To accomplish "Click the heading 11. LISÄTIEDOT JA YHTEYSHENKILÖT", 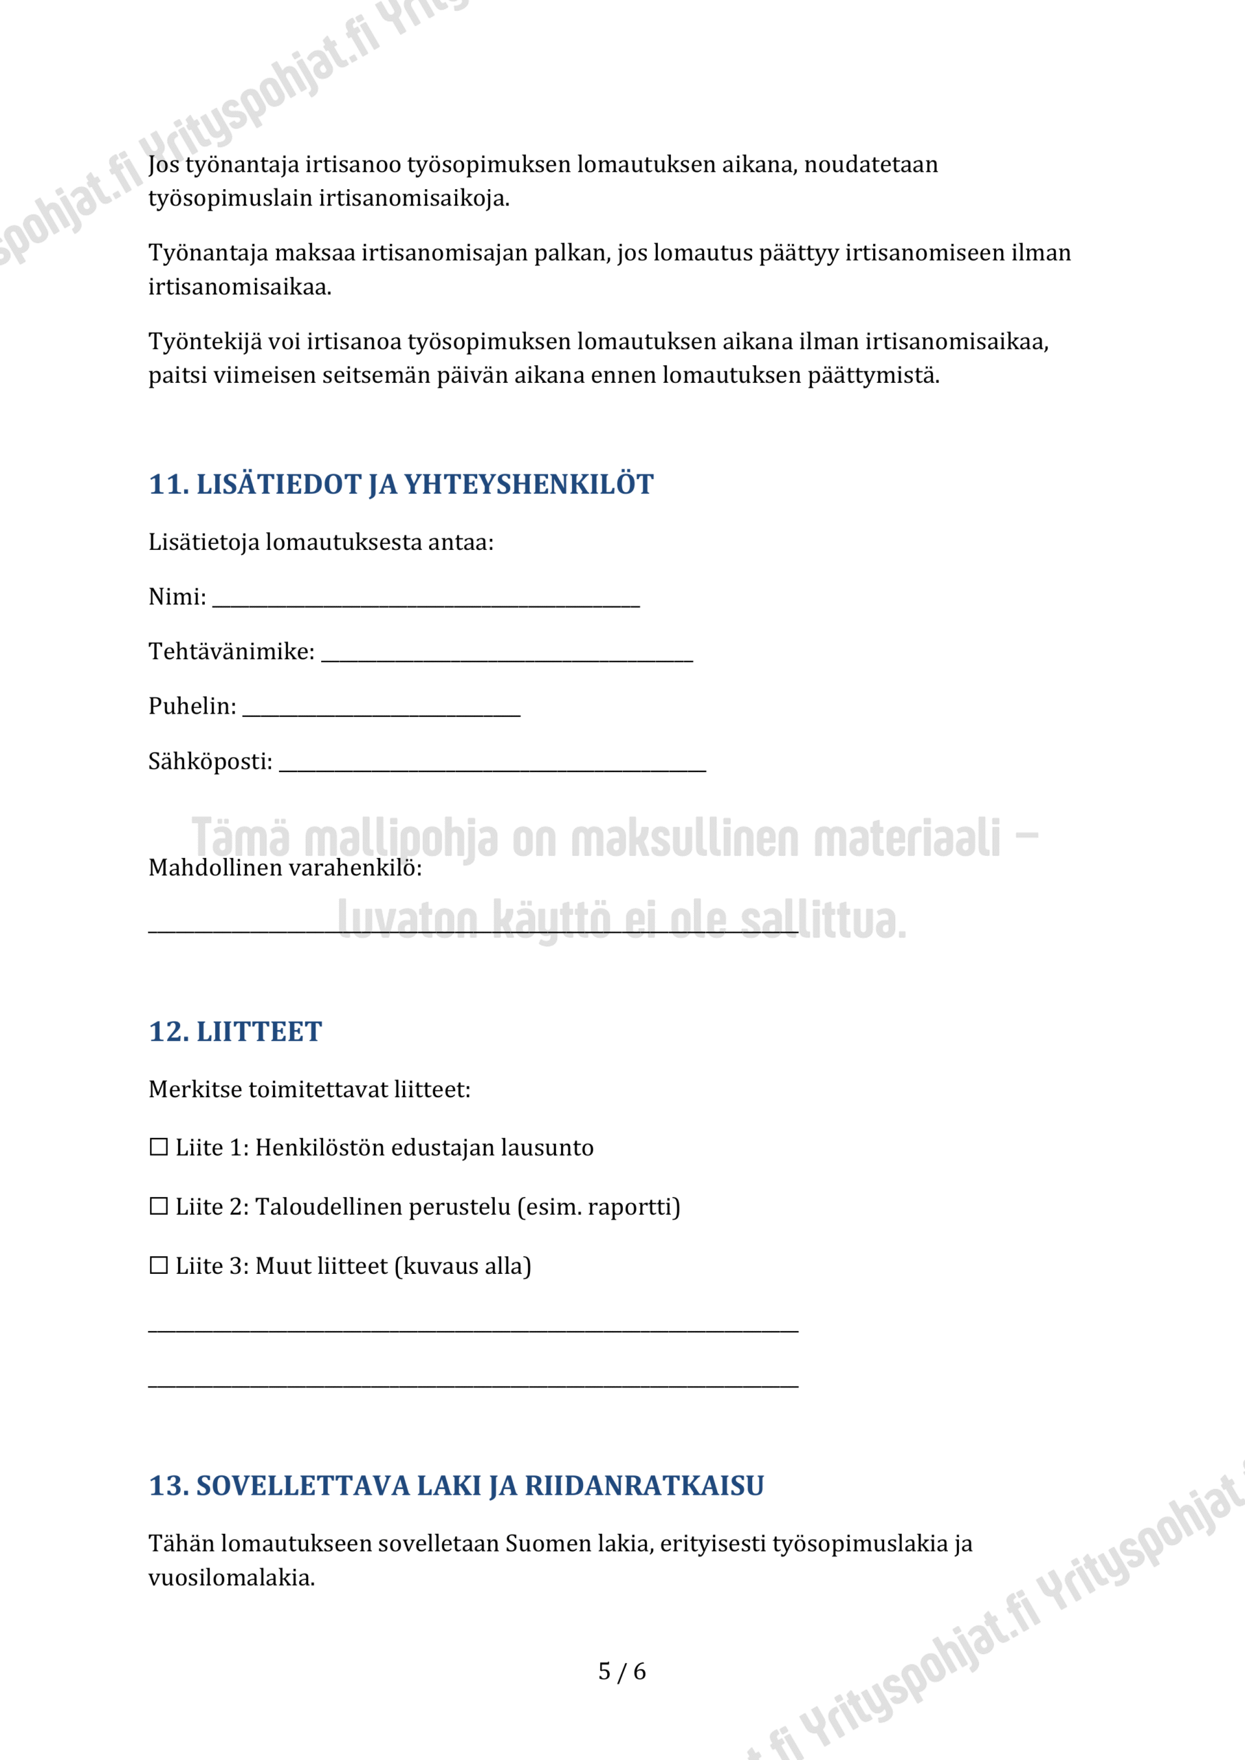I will coord(400,485).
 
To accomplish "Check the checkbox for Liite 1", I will coord(159,1147).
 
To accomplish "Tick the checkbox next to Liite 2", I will coord(159,1207).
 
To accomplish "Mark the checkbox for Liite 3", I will coord(159,1266).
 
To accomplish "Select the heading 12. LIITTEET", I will coord(235,1032).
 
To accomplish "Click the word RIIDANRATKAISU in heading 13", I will coord(644,1486).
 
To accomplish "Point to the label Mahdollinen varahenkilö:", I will coord(285,868).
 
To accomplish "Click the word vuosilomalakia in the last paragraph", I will coord(231,1578).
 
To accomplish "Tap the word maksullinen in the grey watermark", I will coord(685,838).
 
